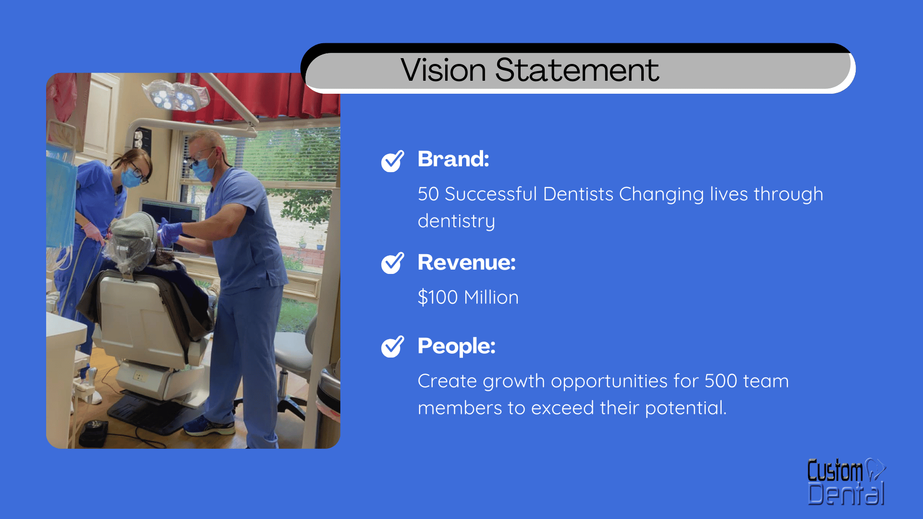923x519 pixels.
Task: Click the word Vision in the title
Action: (x=444, y=70)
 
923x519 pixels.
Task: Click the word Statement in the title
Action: (x=577, y=70)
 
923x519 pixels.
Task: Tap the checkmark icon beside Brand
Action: (x=392, y=161)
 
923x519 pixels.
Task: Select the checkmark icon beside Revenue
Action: (x=392, y=263)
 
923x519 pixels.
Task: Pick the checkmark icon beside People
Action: (x=392, y=346)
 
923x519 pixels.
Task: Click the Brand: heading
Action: (x=453, y=159)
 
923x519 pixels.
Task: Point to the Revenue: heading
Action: (x=466, y=262)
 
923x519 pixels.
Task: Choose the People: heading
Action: (x=456, y=346)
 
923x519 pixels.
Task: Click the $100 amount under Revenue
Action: (x=437, y=297)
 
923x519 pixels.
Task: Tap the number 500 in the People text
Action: (x=721, y=381)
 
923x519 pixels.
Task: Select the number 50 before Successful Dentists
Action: (x=428, y=194)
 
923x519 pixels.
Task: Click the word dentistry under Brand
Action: (x=456, y=221)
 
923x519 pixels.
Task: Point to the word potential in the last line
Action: (x=686, y=408)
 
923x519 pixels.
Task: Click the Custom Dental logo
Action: (x=846, y=482)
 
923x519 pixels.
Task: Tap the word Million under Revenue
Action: (x=491, y=297)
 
